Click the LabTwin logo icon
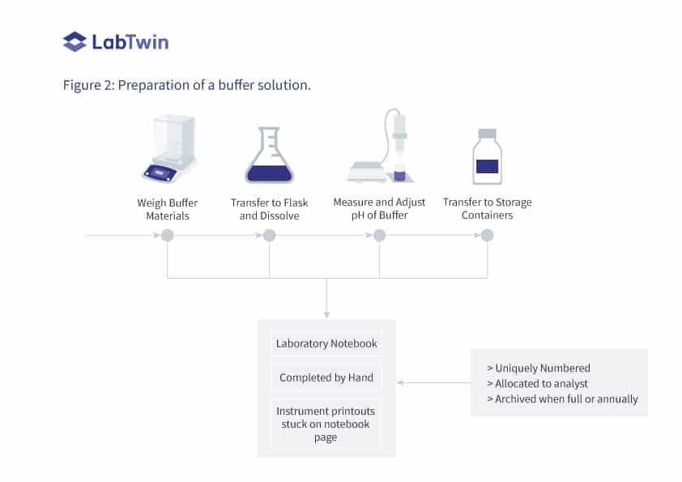pyautogui.click(x=75, y=41)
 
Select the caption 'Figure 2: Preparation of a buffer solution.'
pyautogui.click(x=186, y=85)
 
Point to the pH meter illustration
pyautogui.click(x=381, y=150)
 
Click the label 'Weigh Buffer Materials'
pyautogui.click(x=168, y=209)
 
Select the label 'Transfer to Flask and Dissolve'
pyautogui.click(x=270, y=209)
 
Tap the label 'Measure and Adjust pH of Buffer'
pyautogui.click(x=379, y=209)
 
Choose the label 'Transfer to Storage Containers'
pyautogui.click(x=487, y=209)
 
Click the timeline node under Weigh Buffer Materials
pyautogui.click(x=168, y=236)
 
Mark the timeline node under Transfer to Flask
pyautogui.click(x=270, y=236)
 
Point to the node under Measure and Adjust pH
pyautogui.click(x=379, y=236)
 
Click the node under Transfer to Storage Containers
pyautogui.click(x=487, y=236)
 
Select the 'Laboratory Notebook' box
pyautogui.click(x=326, y=343)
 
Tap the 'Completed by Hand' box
pyautogui.click(x=326, y=377)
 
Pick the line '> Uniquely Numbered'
pyautogui.click(x=538, y=368)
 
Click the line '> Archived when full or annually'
pyautogui.click(x=561, y=399)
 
